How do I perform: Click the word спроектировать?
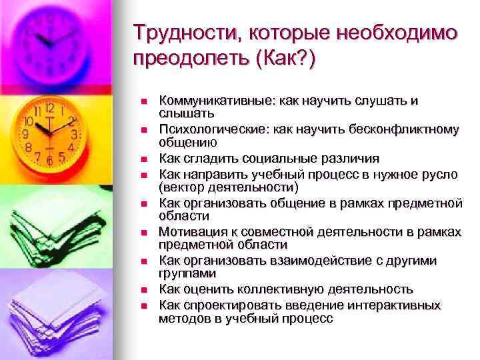click(x=218, y=305)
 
